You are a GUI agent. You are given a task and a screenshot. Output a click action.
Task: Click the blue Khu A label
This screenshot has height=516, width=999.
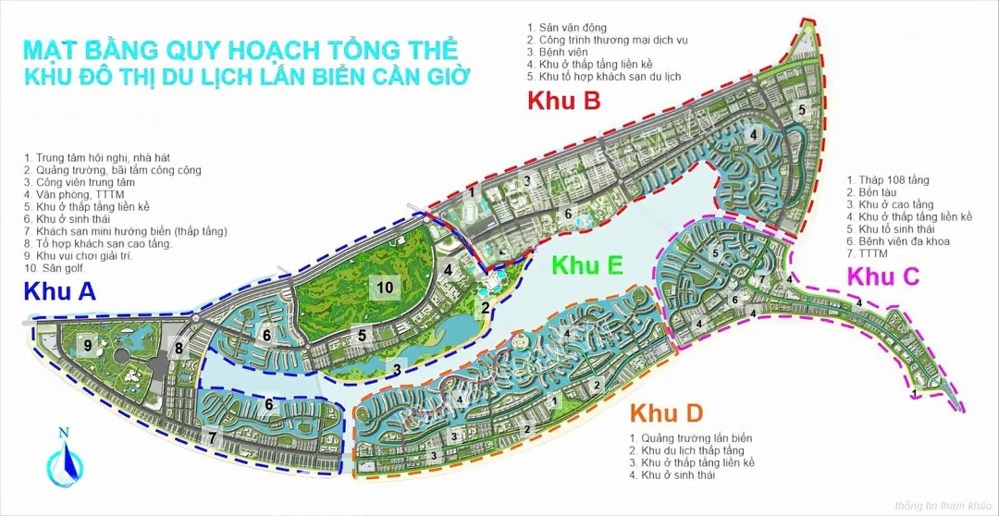point(60,291)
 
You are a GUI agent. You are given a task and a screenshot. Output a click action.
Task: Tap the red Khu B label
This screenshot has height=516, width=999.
point(564,101)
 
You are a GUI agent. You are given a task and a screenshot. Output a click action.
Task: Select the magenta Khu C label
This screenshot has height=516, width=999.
point(883,276)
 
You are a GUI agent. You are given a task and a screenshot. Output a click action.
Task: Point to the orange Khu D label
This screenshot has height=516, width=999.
point(667,412)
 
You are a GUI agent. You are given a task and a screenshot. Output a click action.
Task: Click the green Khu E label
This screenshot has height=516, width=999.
point(587,265)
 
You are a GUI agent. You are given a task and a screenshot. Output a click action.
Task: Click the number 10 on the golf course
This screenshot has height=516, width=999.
point(386,288)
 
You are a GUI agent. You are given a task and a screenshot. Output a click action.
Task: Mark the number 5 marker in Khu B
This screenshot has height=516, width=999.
point(803,110)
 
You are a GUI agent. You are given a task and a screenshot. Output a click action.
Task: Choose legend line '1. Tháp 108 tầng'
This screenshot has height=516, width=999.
point(888,180)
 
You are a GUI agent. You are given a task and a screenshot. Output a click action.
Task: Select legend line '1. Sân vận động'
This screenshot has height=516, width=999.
point(568,29)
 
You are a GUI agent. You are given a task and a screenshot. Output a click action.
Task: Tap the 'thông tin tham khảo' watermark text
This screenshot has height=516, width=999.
point(942,505)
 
